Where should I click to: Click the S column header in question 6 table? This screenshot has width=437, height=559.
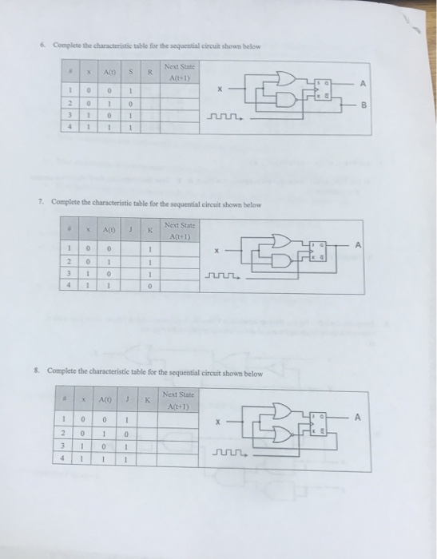pyautogui.click(x=128, y=73)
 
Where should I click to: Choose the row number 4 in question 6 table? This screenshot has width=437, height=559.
pyautogui.click(x=70, y=126)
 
